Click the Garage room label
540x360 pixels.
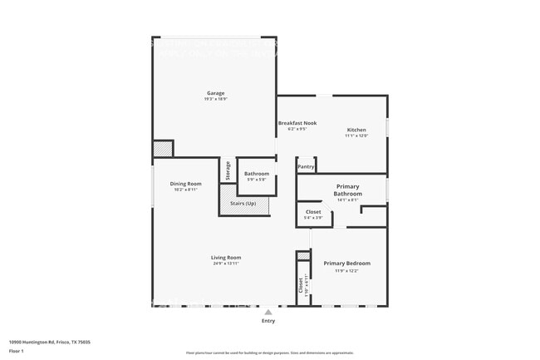point(215,93)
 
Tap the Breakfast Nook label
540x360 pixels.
point(297,123)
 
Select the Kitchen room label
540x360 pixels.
point(356,130)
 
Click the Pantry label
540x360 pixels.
point(306,166)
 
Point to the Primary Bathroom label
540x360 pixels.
point(347,190)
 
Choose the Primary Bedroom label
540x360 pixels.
point(346,263)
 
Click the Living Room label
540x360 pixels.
point(225,258)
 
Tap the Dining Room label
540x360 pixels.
point(185,183)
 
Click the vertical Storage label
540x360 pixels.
point(228,170)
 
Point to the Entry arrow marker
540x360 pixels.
point(268,313)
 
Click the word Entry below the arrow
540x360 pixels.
point(268,321)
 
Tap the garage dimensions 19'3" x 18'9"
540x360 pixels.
point(215,99)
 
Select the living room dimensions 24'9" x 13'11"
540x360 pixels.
point(225,264)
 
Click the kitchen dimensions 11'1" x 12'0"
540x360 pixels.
point(356,136)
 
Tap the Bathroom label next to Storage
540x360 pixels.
point(256,174)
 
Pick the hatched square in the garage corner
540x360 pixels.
point(162,149)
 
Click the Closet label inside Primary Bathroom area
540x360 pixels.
point(313,212)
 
